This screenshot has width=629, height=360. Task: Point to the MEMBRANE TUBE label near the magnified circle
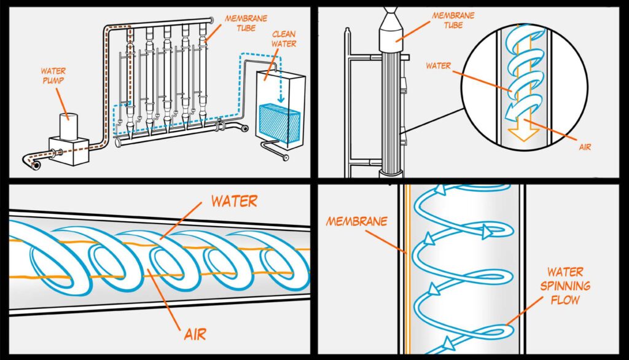(452, 20)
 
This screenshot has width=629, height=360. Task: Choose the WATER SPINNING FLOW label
(568, 286)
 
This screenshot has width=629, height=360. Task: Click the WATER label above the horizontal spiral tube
(233, 201)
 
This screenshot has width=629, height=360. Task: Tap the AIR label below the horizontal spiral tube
(195, 334)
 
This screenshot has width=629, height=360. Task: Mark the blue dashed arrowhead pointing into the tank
(280, 99)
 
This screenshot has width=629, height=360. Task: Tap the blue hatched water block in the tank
(278, 123)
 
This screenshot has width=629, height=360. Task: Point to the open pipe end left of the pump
(36, 165)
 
